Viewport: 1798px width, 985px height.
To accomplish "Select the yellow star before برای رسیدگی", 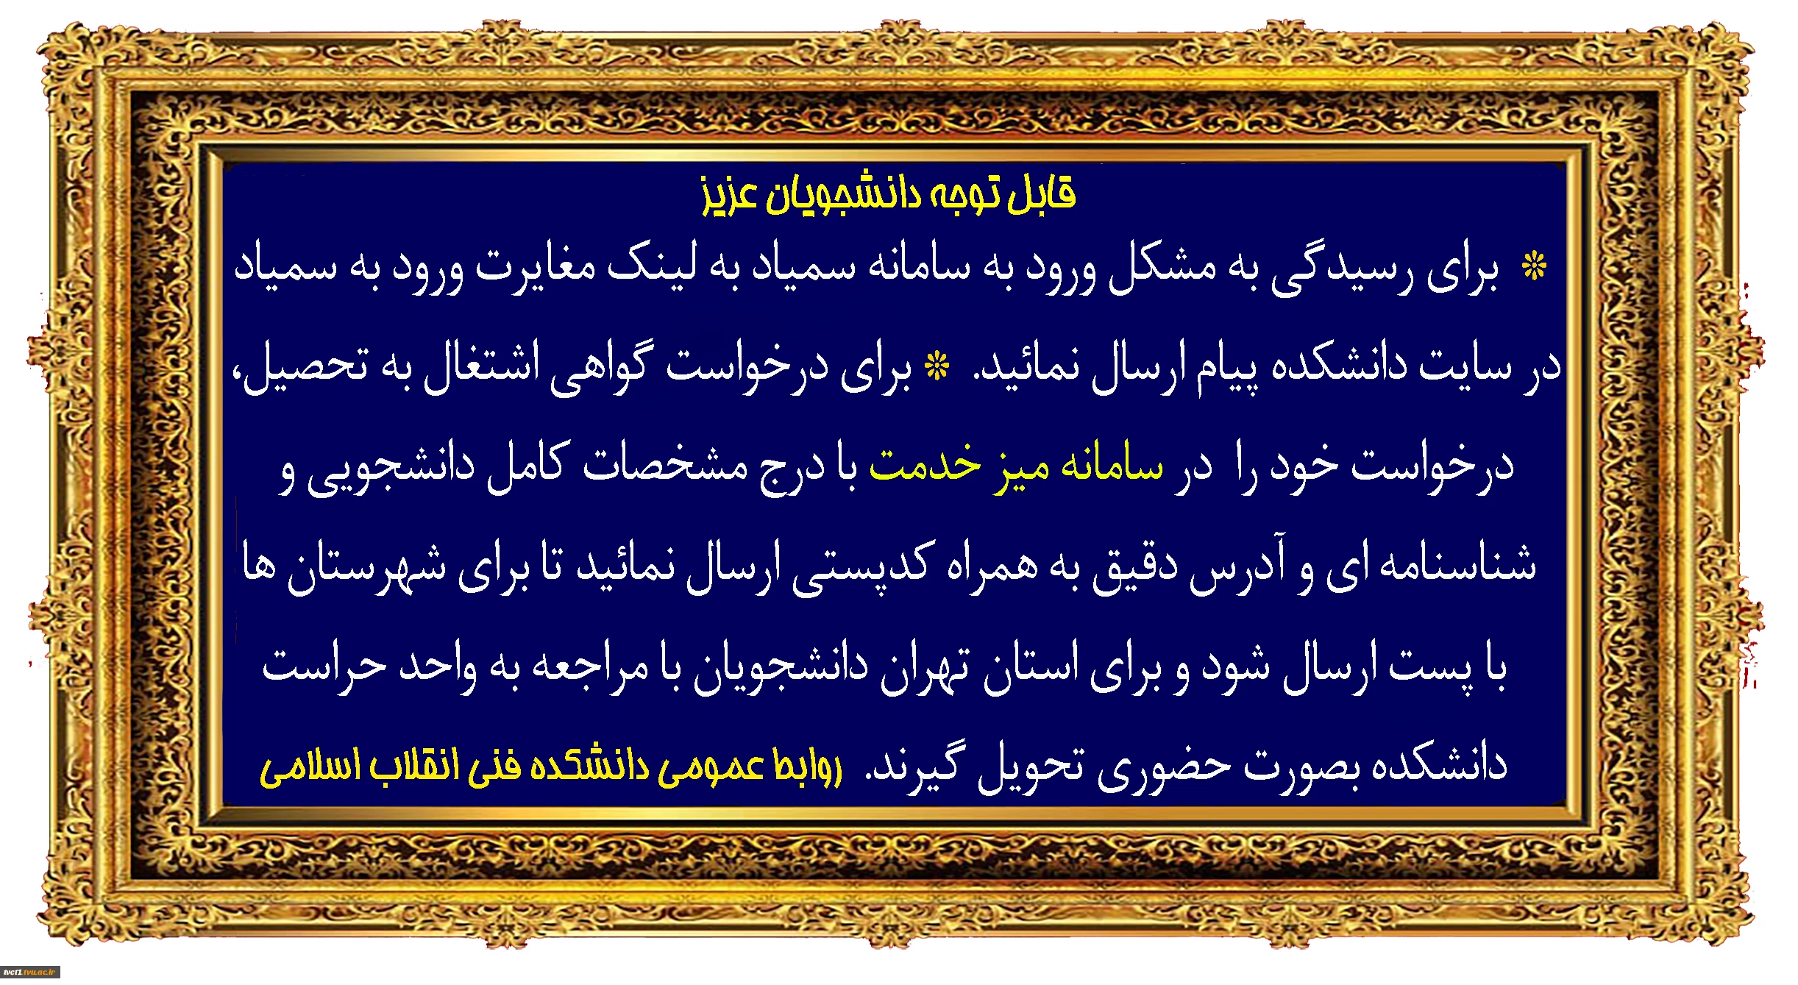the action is pyautogui.click(x=1535, y=266).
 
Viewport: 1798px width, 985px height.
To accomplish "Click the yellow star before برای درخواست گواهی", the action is pyautogui.click(x=937, y=366).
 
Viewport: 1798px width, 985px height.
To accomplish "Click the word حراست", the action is pyautogui.click(x=324, y=665).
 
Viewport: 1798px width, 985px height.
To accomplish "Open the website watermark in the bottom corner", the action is pyautogui.click(x=29, y=972).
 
